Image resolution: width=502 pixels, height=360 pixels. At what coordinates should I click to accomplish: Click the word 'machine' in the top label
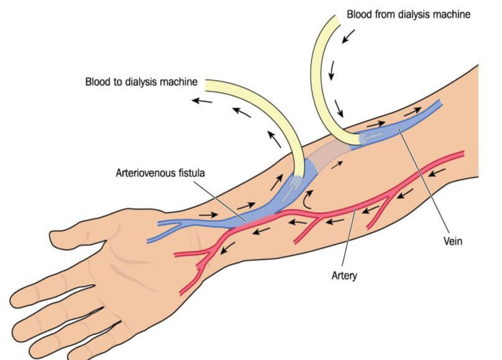(x=449, y=13)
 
